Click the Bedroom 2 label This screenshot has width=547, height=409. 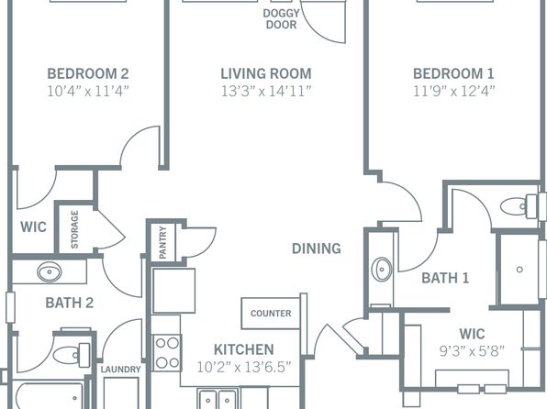[x=88, y=74]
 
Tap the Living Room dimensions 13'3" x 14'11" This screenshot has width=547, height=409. [x=266, y=92]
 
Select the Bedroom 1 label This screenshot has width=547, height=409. [x=453, y=74]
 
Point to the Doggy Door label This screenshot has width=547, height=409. [x=281, y=19]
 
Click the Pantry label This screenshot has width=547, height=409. [x=162, y=243]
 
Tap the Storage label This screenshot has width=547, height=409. [x=74, y=229]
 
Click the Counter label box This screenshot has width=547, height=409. [x=271, y=313]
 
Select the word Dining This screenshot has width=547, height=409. [x=317, y=249]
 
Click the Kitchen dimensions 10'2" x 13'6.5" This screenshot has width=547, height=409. [x=244, y=367]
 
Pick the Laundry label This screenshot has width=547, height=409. [x=121, y=370]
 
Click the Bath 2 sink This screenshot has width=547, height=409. [x=50, y=272]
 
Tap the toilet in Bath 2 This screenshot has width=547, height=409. [x=72, y=355]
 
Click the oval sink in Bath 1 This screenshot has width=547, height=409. [x=382, y=270]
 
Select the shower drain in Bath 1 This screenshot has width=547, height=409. [x=519, y=270]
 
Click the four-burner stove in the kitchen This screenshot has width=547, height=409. [x=167, y=352]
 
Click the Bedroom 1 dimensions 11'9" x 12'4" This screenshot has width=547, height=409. [x=453, y=92]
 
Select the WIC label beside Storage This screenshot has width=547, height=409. [x=33, y=227]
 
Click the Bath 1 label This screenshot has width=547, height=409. [x=445, y=278]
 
